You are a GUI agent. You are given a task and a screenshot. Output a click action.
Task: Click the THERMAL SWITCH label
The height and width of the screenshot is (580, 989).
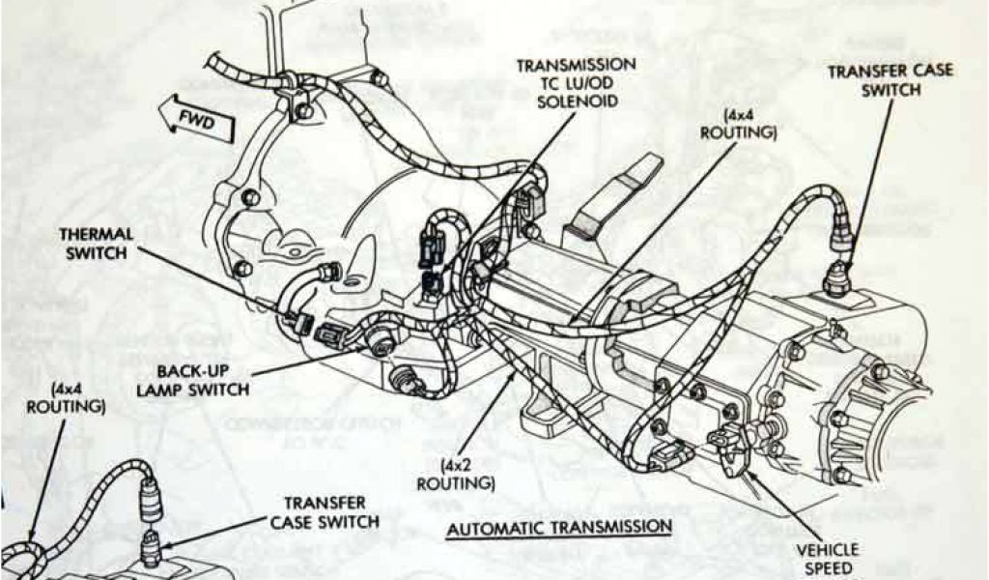coord(98,244)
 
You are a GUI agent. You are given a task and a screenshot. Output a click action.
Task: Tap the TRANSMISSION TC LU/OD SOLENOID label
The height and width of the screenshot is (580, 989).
coord(577,84)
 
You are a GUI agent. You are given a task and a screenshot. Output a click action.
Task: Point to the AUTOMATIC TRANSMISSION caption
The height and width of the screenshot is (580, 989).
coord(559,527)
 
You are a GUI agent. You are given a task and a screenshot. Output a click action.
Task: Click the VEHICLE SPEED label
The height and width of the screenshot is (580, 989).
coord(828,559)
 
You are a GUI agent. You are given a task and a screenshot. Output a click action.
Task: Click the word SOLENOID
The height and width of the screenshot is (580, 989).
coord(577,102)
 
